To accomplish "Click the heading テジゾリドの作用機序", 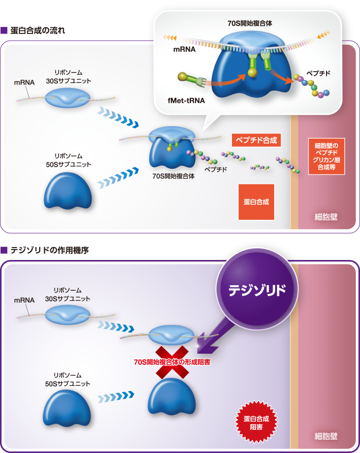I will point(49,251).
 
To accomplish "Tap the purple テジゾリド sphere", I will point(257,290).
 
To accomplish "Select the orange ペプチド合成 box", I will point(256,140).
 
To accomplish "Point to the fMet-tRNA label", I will point(186,101).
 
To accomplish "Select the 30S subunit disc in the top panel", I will point(68,97).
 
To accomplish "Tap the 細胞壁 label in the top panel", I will point(326,217).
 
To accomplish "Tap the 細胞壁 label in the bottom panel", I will point(326,437).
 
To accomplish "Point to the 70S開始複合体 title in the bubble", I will point(249,23).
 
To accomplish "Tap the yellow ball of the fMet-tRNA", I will point(182,77).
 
